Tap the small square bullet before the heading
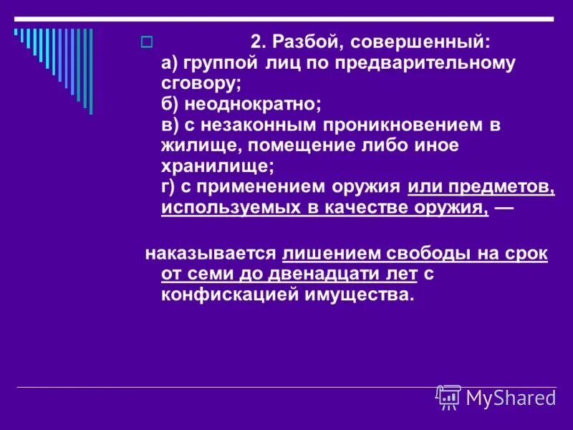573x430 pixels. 147,42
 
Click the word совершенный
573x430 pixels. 416,42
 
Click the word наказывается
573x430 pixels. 211,253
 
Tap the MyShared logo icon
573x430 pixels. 448,396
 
